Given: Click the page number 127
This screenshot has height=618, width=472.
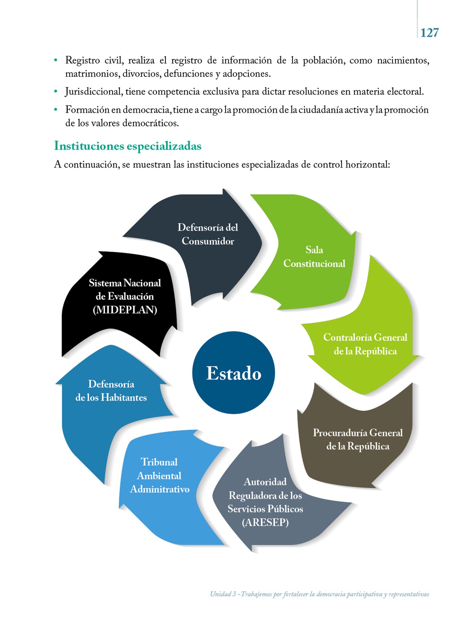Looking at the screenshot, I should coord(429,33).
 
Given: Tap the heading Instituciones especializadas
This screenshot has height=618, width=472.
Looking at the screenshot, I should coord(128,146).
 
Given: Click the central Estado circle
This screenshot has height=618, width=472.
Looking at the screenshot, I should coord(234,373).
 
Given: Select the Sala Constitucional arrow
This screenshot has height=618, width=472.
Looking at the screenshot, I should coord(314,256).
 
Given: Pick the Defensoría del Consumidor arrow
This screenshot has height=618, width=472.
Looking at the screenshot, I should coord(208,234).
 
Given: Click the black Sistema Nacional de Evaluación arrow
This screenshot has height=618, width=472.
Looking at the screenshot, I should coord(125,296).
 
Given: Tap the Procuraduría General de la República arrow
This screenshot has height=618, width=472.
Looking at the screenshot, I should coord(358,439).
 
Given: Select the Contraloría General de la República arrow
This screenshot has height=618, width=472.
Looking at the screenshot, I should coord(365,344).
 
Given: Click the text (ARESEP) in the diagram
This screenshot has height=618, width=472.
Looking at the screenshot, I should coord(265,522).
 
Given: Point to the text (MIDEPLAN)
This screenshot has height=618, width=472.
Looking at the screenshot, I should coord(125,310).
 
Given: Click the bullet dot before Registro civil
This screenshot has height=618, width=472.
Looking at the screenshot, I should coord(56,60).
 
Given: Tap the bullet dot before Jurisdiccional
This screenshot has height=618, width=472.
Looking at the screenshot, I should coord(56,91).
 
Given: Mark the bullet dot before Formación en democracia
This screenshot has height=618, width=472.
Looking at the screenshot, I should coord(56,110).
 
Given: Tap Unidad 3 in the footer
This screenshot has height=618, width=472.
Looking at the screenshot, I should coord(223,594).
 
